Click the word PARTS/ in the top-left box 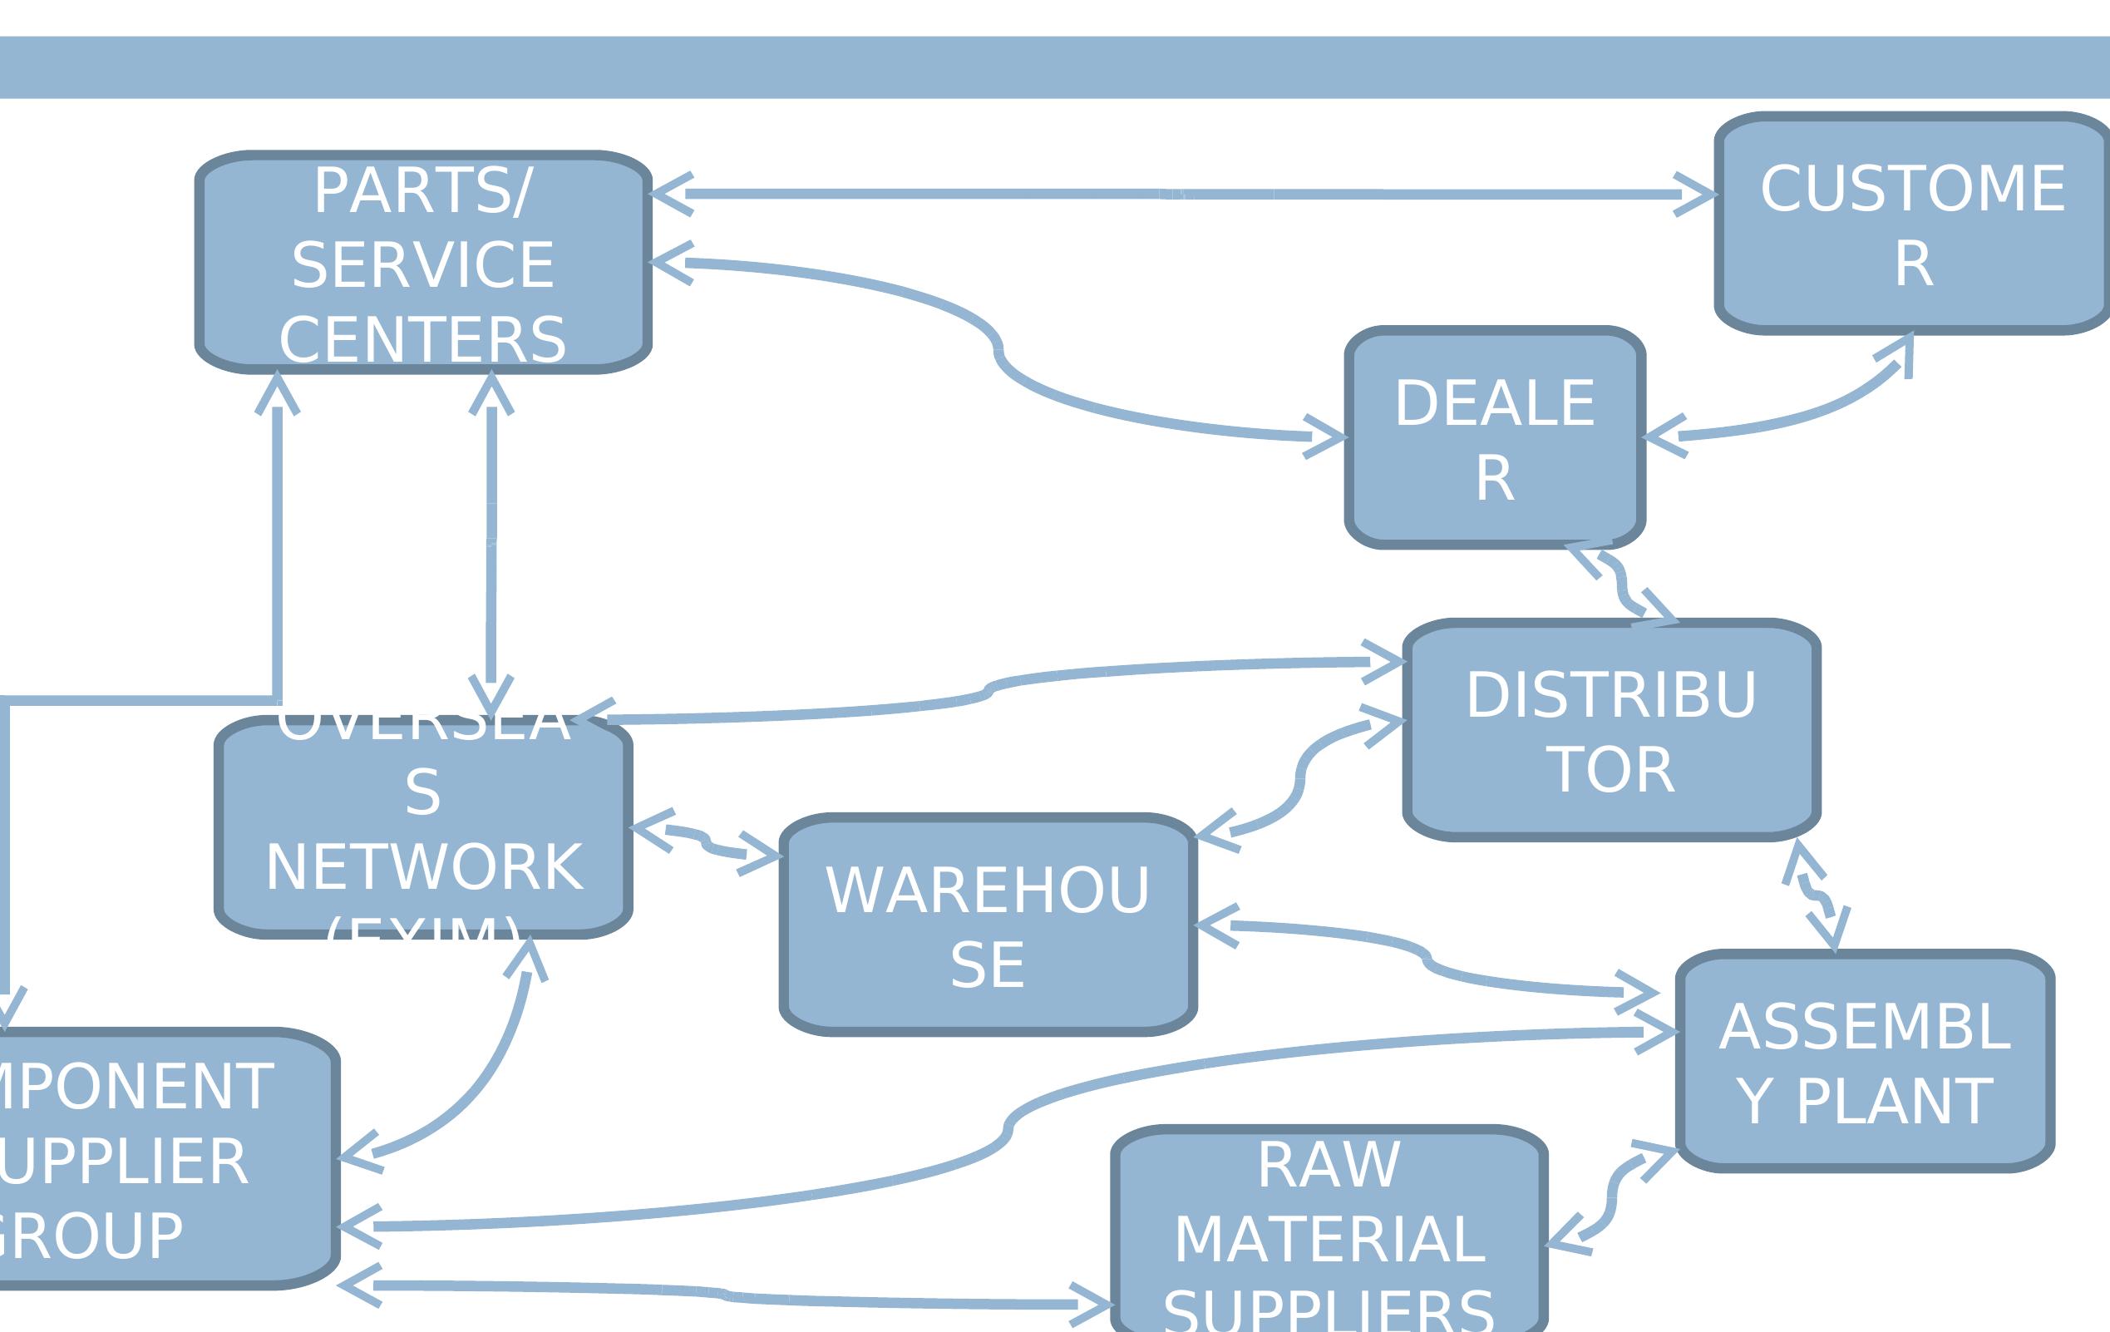point(423,191)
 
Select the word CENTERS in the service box point(423,340)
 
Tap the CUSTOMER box point(1913,225)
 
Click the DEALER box point(1495,439)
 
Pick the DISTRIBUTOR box point(1610,732)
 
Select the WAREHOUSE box point(988,926)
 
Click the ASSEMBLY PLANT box point(1865,1063)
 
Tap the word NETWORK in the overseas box point(424,867)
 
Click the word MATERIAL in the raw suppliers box point(1329,1240)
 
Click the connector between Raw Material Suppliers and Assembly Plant point(1610,1197)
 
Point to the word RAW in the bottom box point(1329,1166)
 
